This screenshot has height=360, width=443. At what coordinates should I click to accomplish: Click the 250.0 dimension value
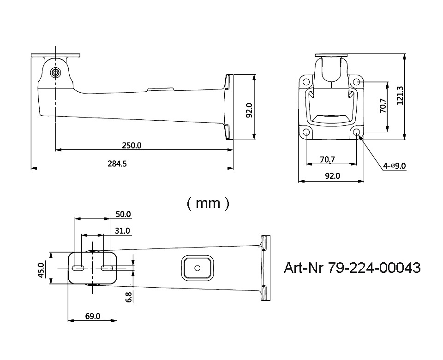click(x=132, y=145)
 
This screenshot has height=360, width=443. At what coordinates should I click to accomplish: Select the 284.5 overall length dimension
click(x=117, y=164)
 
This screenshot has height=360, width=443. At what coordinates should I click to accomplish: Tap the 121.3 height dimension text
click(x=400, y=95)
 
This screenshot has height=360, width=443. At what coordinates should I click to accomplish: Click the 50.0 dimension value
click(x=123, y=214)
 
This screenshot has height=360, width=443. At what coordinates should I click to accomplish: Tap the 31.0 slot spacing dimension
click(x=122, y=230)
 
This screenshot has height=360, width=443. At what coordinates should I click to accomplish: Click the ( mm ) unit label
click(x=208, y=203)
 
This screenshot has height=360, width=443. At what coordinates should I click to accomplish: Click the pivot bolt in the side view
click(x=55, y=72)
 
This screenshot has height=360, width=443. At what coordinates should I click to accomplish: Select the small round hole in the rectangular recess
click(x=197, y=267)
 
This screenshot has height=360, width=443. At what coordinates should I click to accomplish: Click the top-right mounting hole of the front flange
click(x=357, y=82)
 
